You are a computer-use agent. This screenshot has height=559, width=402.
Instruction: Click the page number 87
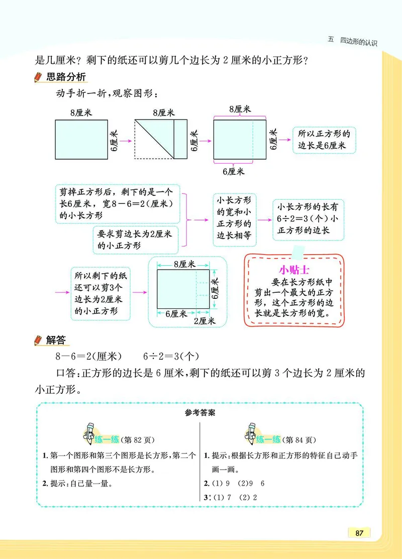pos(359,532)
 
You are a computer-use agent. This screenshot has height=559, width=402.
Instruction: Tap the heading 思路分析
pos(66,77)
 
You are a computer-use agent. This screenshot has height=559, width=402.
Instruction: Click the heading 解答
pos(56,340)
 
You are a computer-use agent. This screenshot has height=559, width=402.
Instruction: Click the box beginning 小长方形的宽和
pos(235,219)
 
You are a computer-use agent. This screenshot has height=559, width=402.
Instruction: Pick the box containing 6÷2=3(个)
pos(308,219)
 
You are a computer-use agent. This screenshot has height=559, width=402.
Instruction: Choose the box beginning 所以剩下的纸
pos(100,293)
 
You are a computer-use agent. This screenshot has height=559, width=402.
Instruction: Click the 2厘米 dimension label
pos(205,320)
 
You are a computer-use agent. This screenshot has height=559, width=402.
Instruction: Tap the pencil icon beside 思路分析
pos(37,78)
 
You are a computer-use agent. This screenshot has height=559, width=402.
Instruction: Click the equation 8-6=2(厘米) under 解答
pos(89,357)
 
